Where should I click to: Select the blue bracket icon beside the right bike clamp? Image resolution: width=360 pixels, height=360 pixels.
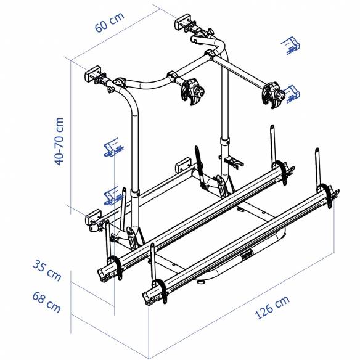[x=295, y=94]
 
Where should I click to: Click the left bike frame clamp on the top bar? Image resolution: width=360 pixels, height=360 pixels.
[x=192, y=92]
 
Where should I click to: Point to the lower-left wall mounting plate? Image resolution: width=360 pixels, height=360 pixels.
[x=93, y=218]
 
